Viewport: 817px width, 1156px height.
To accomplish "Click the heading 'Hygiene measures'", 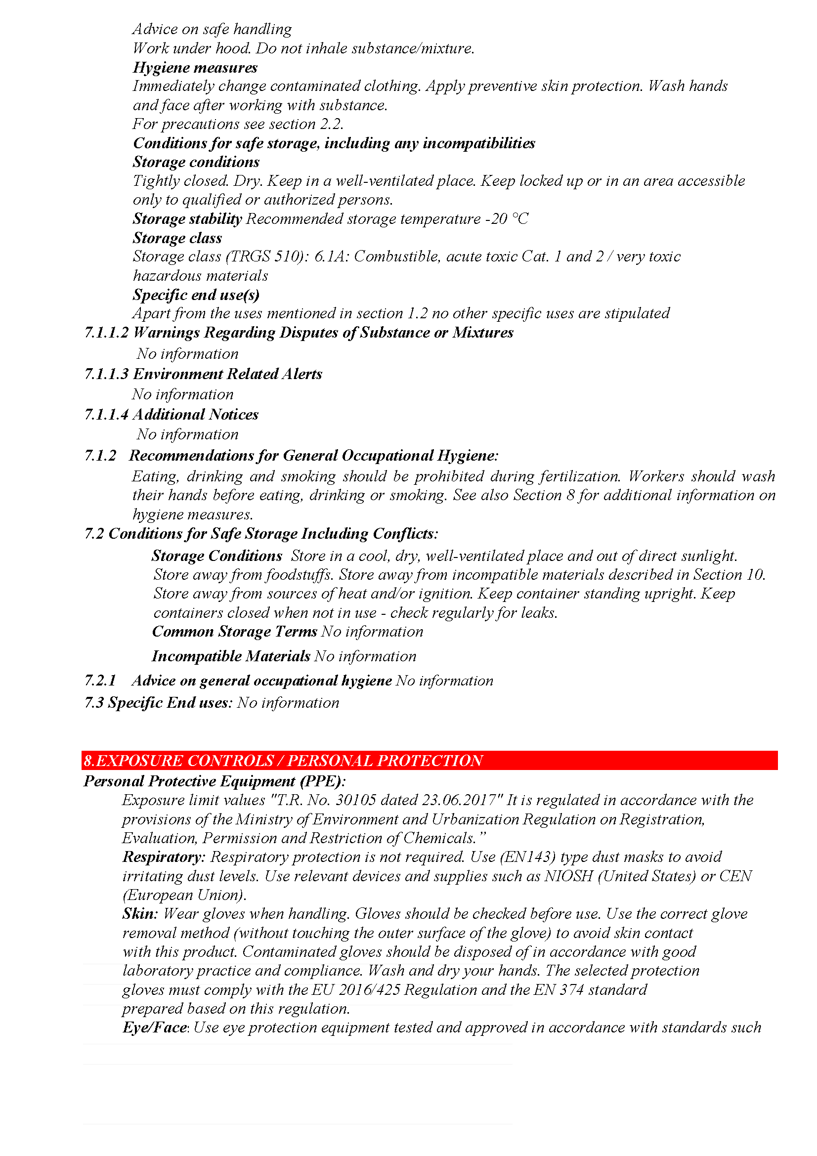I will (195, 68).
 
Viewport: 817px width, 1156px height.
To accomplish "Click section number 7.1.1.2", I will (106, 333).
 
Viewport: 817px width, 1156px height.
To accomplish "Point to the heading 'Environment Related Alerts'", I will (227, 374).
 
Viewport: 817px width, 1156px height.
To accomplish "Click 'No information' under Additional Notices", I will (187, 434).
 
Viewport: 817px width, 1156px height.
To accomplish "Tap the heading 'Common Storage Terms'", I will (234, 631).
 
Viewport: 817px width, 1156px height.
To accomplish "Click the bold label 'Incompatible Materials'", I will (230, 656).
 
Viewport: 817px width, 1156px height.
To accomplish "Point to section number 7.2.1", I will (100, 681).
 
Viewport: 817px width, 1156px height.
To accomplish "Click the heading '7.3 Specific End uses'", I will (158, 703).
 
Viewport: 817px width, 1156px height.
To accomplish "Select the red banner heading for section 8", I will (283, 760).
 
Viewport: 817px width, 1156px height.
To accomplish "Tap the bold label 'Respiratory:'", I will (164, 857).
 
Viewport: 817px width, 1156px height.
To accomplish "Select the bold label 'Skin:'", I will (140, 914).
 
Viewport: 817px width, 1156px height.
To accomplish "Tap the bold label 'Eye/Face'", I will (155, 1028).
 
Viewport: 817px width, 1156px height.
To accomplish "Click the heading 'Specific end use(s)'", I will (196, 295).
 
